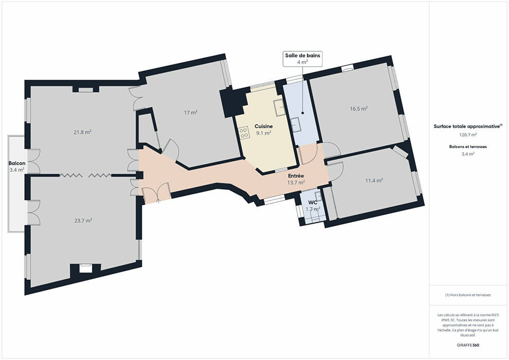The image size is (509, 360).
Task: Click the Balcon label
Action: coord(17,163)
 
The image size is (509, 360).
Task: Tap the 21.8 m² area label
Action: coord(82,132)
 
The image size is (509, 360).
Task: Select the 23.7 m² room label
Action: coord(83,221)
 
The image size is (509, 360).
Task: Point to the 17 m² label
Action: coord(191,113)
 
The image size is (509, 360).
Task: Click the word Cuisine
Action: coord(264,127)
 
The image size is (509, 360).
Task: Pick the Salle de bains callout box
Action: coord(302,59)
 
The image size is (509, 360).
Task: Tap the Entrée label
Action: coord(296,175)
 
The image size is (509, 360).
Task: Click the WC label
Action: coord(313,203)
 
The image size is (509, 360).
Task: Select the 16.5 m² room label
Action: coord(359,109)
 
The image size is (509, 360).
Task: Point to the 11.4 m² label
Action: coord(374,181)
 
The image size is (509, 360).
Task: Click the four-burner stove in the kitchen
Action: coord(244,133)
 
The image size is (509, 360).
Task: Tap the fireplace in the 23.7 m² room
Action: coord(86,268)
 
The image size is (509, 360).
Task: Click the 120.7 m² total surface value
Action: coord(468,134)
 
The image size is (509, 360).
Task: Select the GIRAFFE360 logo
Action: coord(468,345)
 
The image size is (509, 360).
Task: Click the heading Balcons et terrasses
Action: coord(468,147)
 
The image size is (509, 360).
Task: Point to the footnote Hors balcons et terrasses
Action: coord(468,295)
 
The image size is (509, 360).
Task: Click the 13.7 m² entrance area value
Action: coord(296,183)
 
